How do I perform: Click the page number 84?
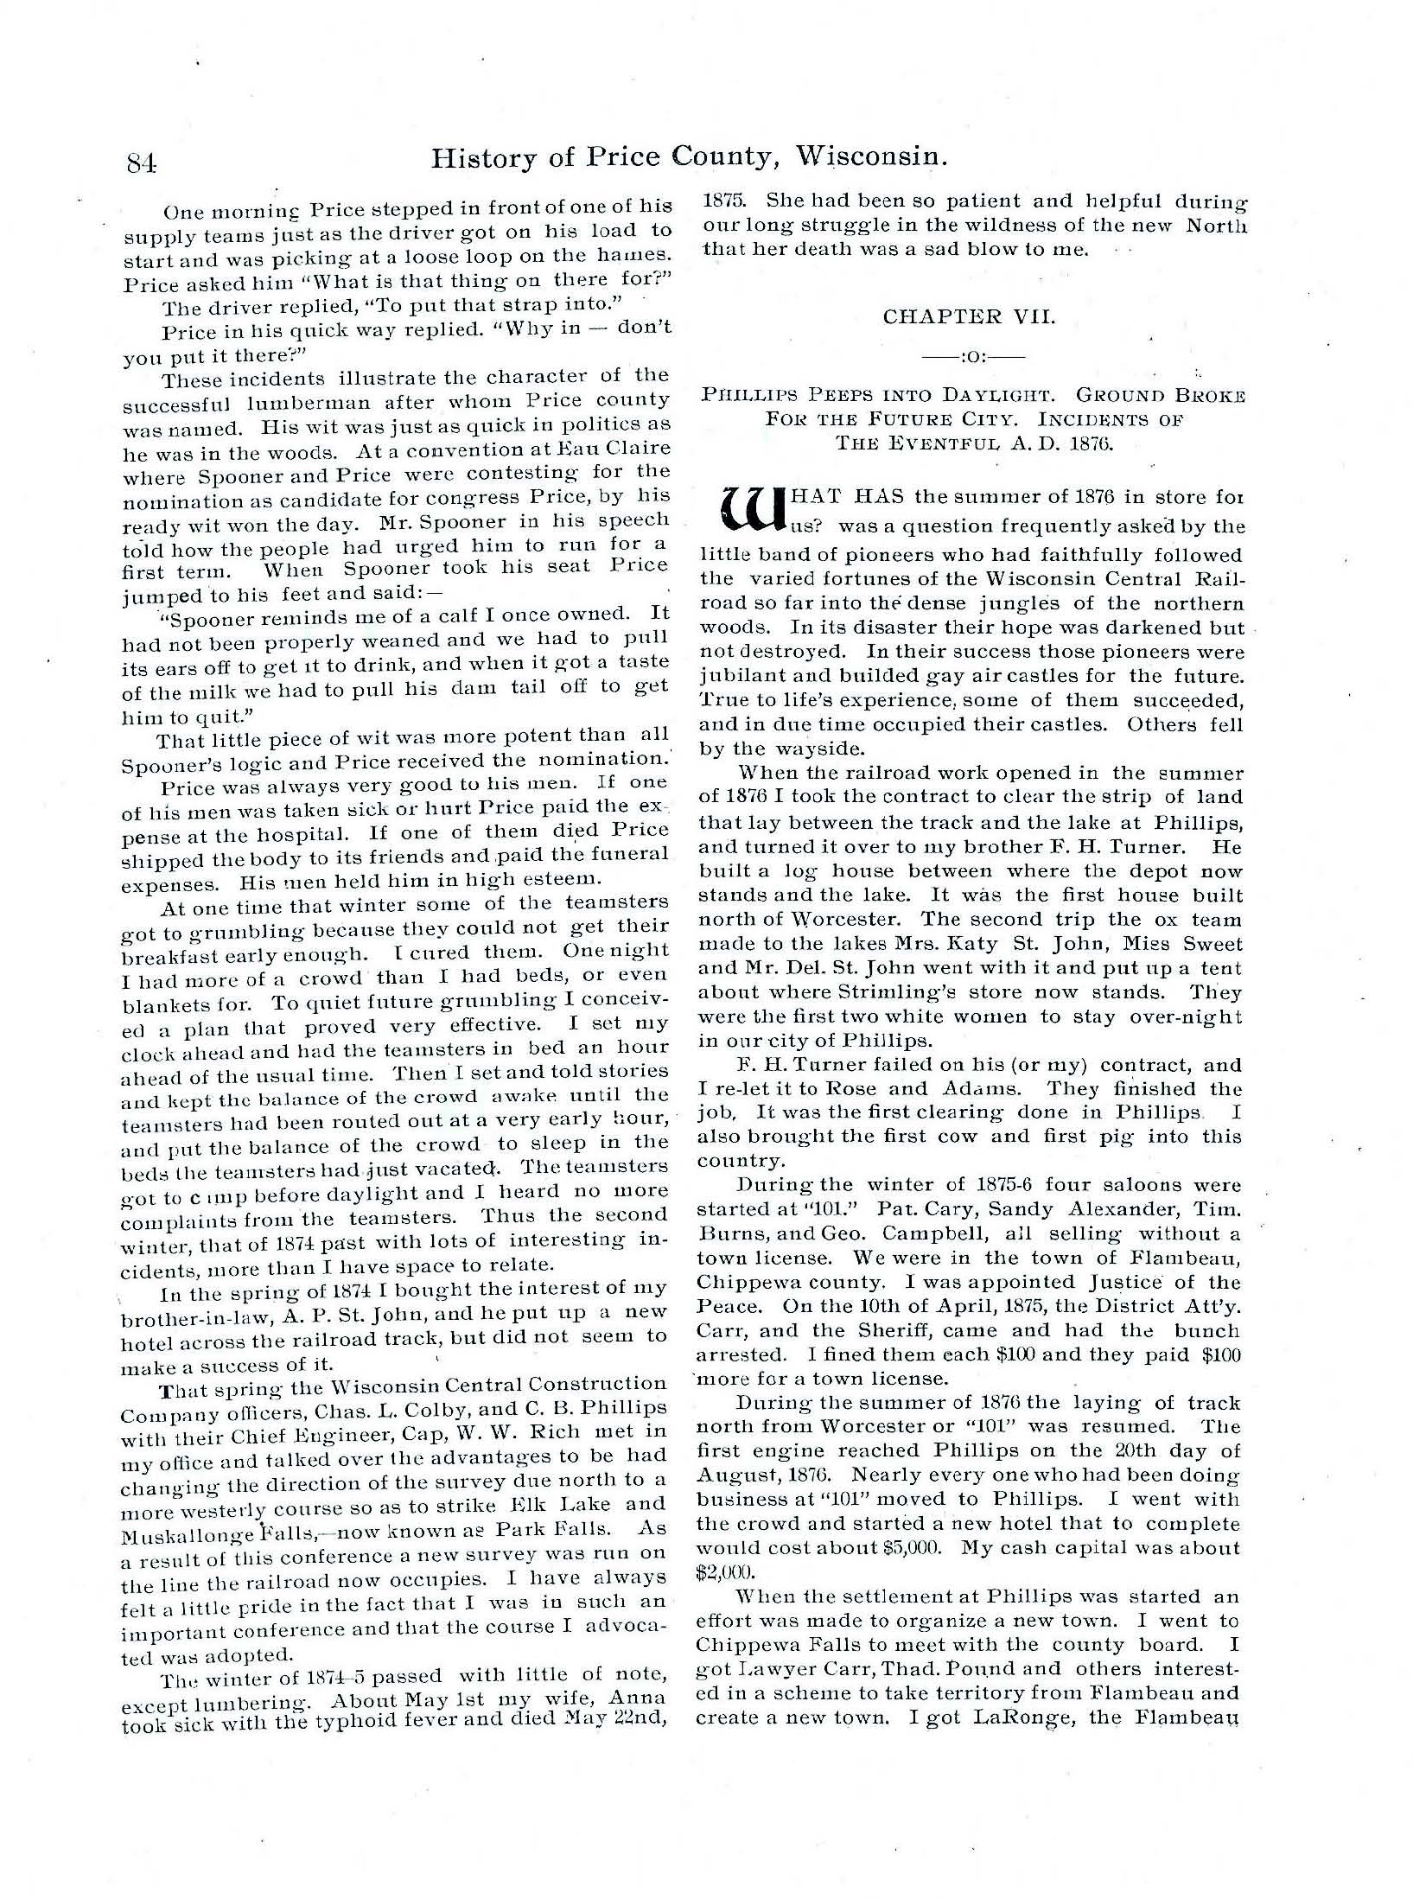(x=140, y=162)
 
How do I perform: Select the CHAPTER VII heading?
(x=969, y=316)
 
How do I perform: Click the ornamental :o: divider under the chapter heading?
(x=970, y=355)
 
